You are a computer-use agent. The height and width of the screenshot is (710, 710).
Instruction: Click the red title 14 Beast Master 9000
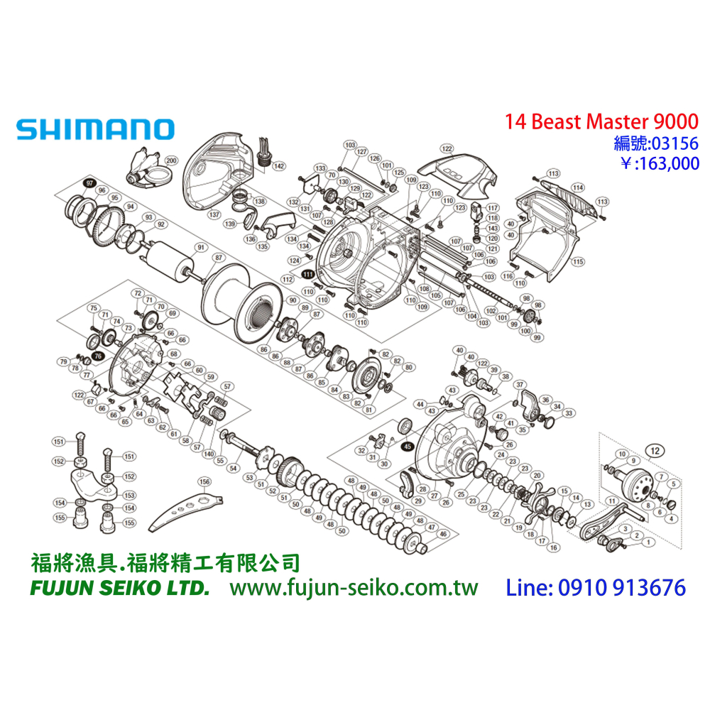click(601, 121)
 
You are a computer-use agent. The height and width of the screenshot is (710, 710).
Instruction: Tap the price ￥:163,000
click(660, 164)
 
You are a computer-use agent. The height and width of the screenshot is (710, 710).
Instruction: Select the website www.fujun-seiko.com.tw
click(354, 589)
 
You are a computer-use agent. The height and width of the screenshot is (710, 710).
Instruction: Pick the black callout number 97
click(89, 183)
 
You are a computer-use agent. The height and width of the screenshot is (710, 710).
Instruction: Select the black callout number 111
click(308, 273)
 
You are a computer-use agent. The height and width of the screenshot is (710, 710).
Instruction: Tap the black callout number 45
click(407, 447)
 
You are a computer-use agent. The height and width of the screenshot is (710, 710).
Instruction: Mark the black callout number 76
click(98, 356)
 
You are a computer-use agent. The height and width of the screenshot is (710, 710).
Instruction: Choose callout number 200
click(171, 161)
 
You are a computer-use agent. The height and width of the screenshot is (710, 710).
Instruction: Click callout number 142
click(279, 166)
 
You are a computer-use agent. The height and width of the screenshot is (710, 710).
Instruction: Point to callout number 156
click(204, 481)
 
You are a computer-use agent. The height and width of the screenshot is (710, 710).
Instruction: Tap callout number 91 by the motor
click(200, 247)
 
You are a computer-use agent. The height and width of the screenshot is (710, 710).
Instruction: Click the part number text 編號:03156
click(656, 143)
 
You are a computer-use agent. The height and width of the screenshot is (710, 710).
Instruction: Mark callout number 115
click(579, 262)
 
